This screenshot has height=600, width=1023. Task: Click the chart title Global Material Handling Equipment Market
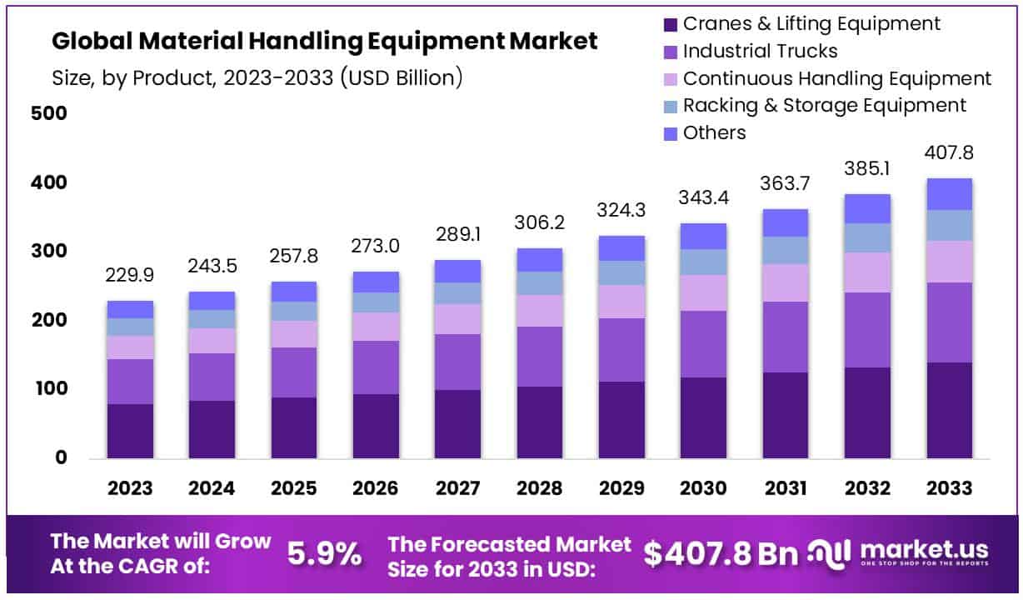325,42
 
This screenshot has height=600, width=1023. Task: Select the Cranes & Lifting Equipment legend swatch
670,23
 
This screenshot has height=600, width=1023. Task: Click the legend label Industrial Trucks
760,51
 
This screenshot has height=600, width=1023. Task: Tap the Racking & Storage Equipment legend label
824,105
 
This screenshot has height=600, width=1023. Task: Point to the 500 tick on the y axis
47,113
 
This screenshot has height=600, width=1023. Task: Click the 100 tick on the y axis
47,389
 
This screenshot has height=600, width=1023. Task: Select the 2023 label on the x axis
130,488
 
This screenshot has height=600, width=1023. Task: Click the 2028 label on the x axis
540,488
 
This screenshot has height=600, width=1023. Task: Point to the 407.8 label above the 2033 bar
949,153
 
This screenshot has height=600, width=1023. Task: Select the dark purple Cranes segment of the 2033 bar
949,410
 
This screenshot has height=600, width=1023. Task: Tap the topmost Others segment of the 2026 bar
376,282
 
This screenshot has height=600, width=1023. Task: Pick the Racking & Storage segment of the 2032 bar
867,237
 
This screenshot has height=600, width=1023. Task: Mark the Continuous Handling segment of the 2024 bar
212,341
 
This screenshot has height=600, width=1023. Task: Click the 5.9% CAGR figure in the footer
325,552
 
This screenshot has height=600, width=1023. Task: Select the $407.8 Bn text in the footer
720,552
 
